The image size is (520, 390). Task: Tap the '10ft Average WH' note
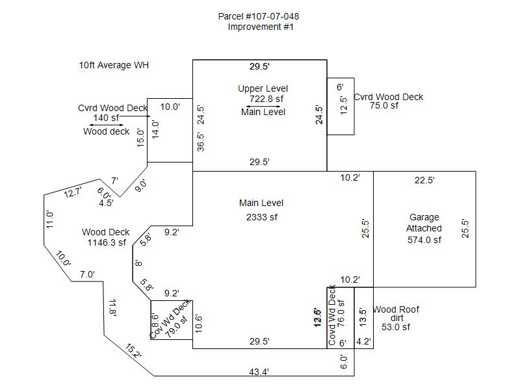pos(114,65)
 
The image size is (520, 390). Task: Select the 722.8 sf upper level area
pos(266,99)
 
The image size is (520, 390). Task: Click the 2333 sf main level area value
pos(262,217)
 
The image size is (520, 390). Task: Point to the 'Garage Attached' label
pos(424,223)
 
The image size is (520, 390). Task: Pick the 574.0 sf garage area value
pos(424,239)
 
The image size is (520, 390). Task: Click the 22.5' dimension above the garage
pos(424,181)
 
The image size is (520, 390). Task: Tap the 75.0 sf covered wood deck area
pos(384,105)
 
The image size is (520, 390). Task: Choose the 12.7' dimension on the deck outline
pos(73,192)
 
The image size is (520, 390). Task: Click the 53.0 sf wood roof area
pos(396,327)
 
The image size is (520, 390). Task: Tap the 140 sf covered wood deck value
pos(106,118)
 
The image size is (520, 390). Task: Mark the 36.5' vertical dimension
pos(201,142)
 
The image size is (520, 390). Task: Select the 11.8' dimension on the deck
pos(112,307)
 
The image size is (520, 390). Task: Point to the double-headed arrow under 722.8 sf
pos(263,106)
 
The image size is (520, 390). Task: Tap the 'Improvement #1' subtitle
pos(261,27)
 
